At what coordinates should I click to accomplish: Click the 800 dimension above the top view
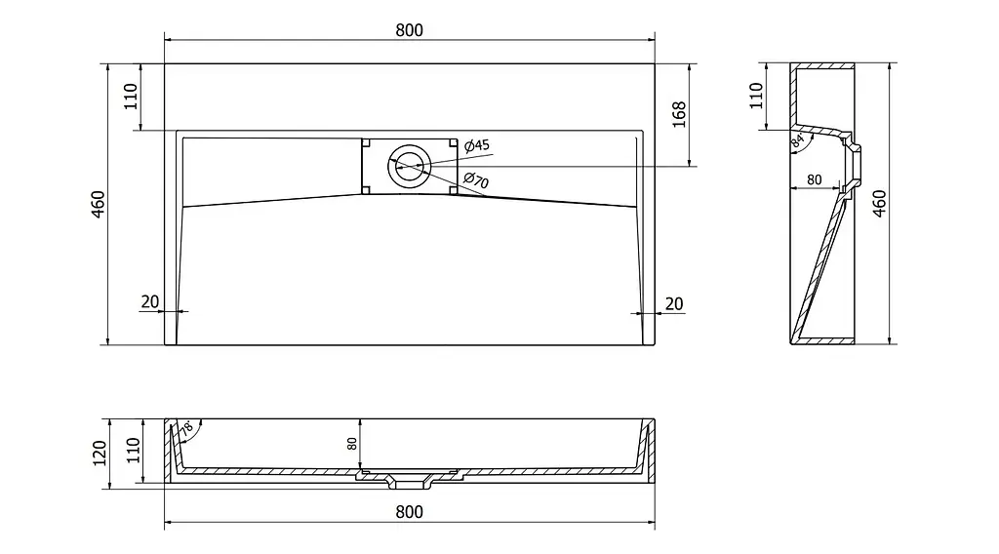click(x=409, y=30)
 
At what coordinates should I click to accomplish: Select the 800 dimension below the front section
click(x=409, y=512)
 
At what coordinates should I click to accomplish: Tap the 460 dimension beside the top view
click(x=99, y=205)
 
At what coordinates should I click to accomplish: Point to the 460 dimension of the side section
click(x=879, y=203)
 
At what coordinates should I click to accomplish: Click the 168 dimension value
click(x=679, y=114)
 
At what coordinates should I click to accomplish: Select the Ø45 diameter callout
click(x=477, y=145)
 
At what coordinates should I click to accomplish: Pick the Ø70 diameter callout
click(x=476, y=180)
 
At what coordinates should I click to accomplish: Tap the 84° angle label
click(x=798, y=140)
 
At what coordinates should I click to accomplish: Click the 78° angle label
click(x=186, y=428)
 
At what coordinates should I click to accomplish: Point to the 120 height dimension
click(x=100, y=454)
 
